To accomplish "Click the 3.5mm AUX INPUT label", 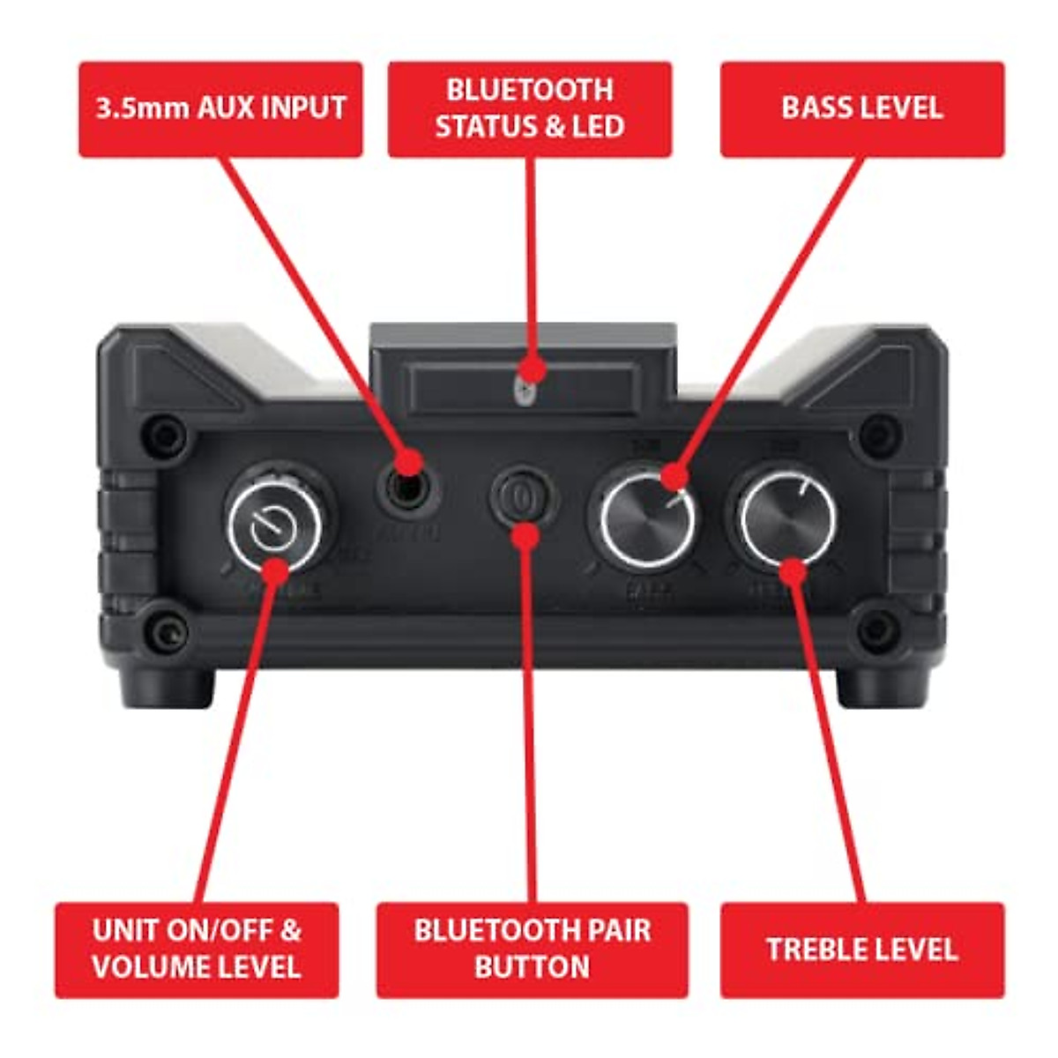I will [220, 109].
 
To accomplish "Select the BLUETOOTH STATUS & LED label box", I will [530, 109].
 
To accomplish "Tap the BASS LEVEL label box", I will [861, 109].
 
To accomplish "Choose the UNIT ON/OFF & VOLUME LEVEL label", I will [197, 950].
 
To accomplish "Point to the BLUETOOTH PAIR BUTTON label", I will [532, 950].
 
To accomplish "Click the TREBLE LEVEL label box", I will [861, 950].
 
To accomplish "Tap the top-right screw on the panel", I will [875, 430].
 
